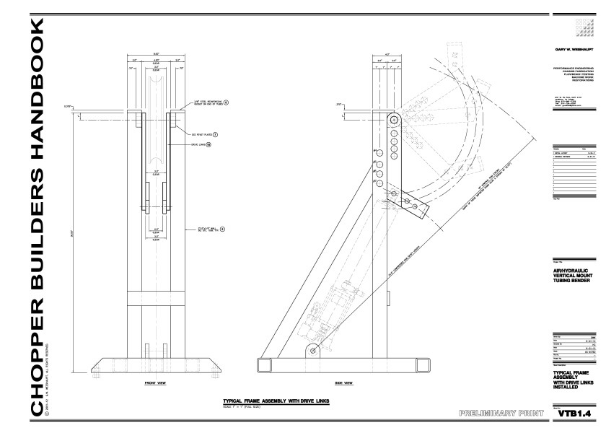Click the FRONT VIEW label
coord(157,382)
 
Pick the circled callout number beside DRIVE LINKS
coord(208,145)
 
